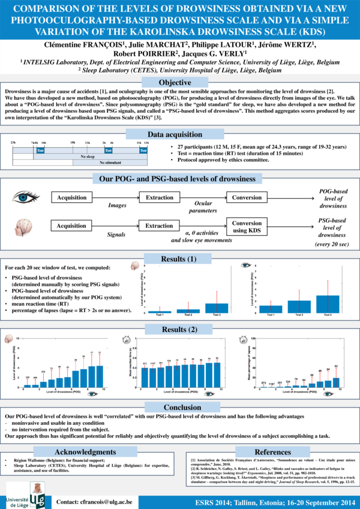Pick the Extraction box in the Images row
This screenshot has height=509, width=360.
point(159,197)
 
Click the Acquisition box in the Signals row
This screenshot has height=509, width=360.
point(71,226)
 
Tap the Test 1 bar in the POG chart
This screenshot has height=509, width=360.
point(271,309)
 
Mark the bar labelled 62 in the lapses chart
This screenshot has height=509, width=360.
point(336,382)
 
